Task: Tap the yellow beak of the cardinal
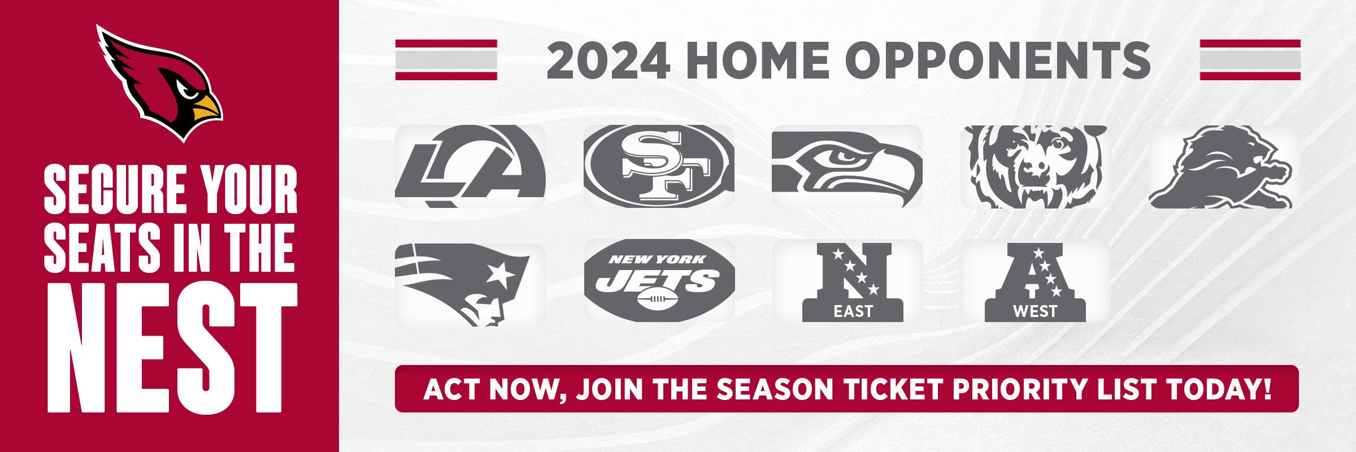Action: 207,108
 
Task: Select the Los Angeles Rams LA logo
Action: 470,166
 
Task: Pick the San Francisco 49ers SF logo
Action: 659,166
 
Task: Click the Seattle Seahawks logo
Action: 847,166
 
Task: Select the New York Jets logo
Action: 659,281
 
